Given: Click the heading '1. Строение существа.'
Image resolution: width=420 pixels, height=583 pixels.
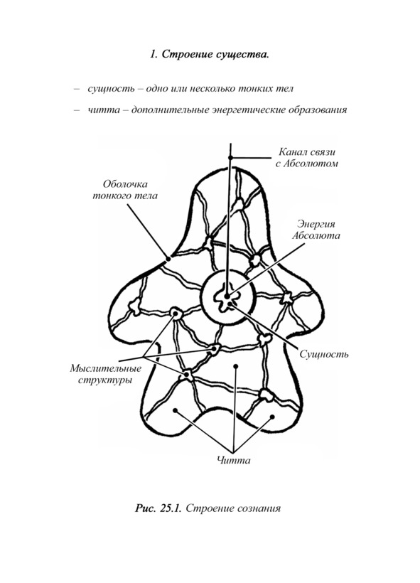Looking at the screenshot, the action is tap(210, 54).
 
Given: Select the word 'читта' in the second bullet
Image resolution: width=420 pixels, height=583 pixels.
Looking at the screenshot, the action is tap(104, 110).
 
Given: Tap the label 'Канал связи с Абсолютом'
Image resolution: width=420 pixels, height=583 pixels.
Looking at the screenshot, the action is tap(306, 157).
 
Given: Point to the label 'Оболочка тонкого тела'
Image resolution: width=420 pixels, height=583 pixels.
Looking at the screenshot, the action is tap(125, 190).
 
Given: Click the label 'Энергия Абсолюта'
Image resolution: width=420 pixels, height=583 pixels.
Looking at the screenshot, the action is tap(316, 230).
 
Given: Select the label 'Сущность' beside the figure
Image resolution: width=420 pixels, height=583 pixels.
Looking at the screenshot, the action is tap(324, 354).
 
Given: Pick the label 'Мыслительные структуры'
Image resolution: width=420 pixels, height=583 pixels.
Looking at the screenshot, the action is tap(106, 375).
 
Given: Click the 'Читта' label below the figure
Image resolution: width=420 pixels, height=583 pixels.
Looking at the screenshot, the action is tap(233, 460).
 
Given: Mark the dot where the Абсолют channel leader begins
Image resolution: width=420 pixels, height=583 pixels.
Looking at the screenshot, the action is tap(231, 157).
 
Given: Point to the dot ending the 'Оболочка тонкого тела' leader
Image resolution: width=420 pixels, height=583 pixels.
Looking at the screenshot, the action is tap(168, 258).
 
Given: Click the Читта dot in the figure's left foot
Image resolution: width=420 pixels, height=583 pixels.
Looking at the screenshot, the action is tap(176, 411).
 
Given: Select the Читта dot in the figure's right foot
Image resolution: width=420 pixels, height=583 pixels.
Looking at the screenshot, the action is tap(272, 417).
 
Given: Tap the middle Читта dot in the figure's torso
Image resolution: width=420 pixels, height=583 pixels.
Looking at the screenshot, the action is tap(235, 367).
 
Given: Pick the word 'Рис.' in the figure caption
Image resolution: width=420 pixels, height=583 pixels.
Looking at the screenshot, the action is tap(146, 508).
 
